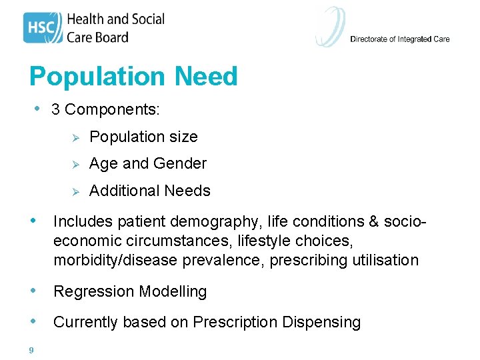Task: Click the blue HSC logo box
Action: (43, 27)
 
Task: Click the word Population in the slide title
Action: (99, 77)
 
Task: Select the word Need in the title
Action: (206, 77)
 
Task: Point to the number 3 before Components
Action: (55, 109)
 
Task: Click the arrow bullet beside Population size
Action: (76, 137)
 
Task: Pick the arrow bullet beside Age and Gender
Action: (76, 164)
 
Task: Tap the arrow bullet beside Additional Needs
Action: (76, 191)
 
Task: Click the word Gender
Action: (180, 164)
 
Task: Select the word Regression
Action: (90, 291)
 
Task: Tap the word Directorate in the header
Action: (369, 39)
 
